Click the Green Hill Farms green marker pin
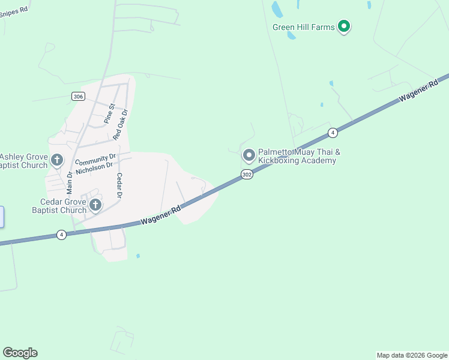coord(344,26)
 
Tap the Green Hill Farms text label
coord(303,27)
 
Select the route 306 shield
coord(77,96)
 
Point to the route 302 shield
coord(247,174)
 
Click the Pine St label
coord(109,112)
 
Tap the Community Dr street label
coord(95,160)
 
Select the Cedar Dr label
coord(119,185)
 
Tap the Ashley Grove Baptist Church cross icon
coord(57,160)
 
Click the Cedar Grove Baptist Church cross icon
coord(95,206)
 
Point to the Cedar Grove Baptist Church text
coord(59,206)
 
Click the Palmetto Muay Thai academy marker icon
coord(249,155)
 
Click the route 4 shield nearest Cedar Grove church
coord(61,235)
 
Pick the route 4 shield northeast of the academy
coord(333,132)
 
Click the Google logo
coord(20,353)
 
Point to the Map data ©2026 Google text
coord(412,355)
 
